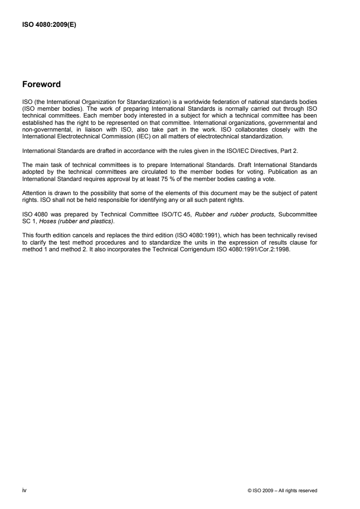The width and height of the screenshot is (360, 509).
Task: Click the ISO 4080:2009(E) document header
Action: [x=49, y=25]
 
